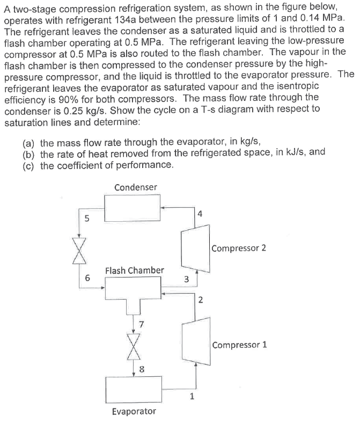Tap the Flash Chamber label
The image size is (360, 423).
pyautogui.click(x=135, y=270)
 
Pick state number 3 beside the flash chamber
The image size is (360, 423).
pyautogui.click(x=186, y=279)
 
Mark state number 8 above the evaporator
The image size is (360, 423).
pyautogui.click(x=142, y=369)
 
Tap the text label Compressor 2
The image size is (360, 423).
pyautogui.click(x=239, y=249)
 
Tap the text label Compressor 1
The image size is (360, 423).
pyautogui.click(x=239, y=345)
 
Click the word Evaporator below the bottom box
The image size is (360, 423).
pyautogui.click(x=134, y=411)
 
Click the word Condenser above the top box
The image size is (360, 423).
pyautogui.click(x=136, y=187)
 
